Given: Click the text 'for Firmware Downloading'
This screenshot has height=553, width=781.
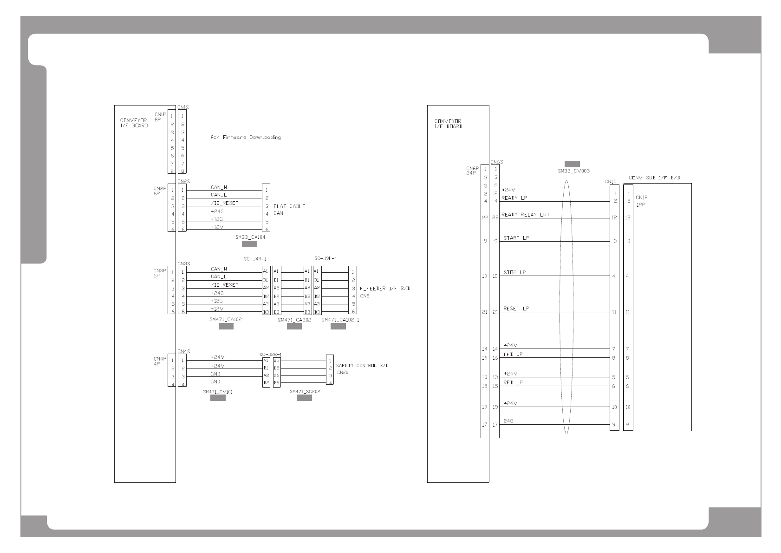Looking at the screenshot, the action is click(246, 138).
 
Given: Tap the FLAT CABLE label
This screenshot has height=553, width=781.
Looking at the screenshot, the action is click(289, 206).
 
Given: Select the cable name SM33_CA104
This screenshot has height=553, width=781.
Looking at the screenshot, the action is click(250, 237).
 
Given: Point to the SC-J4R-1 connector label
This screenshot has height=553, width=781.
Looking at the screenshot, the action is click(255, 259).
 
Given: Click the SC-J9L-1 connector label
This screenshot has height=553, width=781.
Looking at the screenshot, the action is click(325, 258).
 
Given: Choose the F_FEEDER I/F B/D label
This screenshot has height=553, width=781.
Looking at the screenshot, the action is click(385, 289).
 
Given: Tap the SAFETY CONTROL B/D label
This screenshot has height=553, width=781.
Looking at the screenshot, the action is click(362, 366).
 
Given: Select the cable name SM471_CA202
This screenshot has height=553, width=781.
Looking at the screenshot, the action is click(294, 320).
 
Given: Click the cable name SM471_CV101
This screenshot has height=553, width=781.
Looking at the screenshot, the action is click(217, 392).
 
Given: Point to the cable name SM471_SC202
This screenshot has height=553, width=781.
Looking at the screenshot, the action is click(305, 391).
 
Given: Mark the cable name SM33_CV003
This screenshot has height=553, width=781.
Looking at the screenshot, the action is click(573, 171).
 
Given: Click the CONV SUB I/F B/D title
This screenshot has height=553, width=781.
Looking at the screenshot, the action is click(654, 178).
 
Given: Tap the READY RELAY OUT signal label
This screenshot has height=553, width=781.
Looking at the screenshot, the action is click(525, 215).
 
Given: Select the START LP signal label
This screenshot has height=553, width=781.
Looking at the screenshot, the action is click(516, 238).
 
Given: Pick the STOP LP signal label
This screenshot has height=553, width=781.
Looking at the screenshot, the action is click(514, 272).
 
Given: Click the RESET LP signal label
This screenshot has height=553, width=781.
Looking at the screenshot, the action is click(516, 309).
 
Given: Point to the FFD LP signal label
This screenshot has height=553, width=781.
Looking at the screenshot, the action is click(513, 354).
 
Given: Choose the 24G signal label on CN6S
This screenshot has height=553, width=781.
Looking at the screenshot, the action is click(508, 421).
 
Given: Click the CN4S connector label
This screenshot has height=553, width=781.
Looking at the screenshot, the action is click(183, 351).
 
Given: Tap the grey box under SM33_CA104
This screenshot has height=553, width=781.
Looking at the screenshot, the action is click(249, 244).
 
